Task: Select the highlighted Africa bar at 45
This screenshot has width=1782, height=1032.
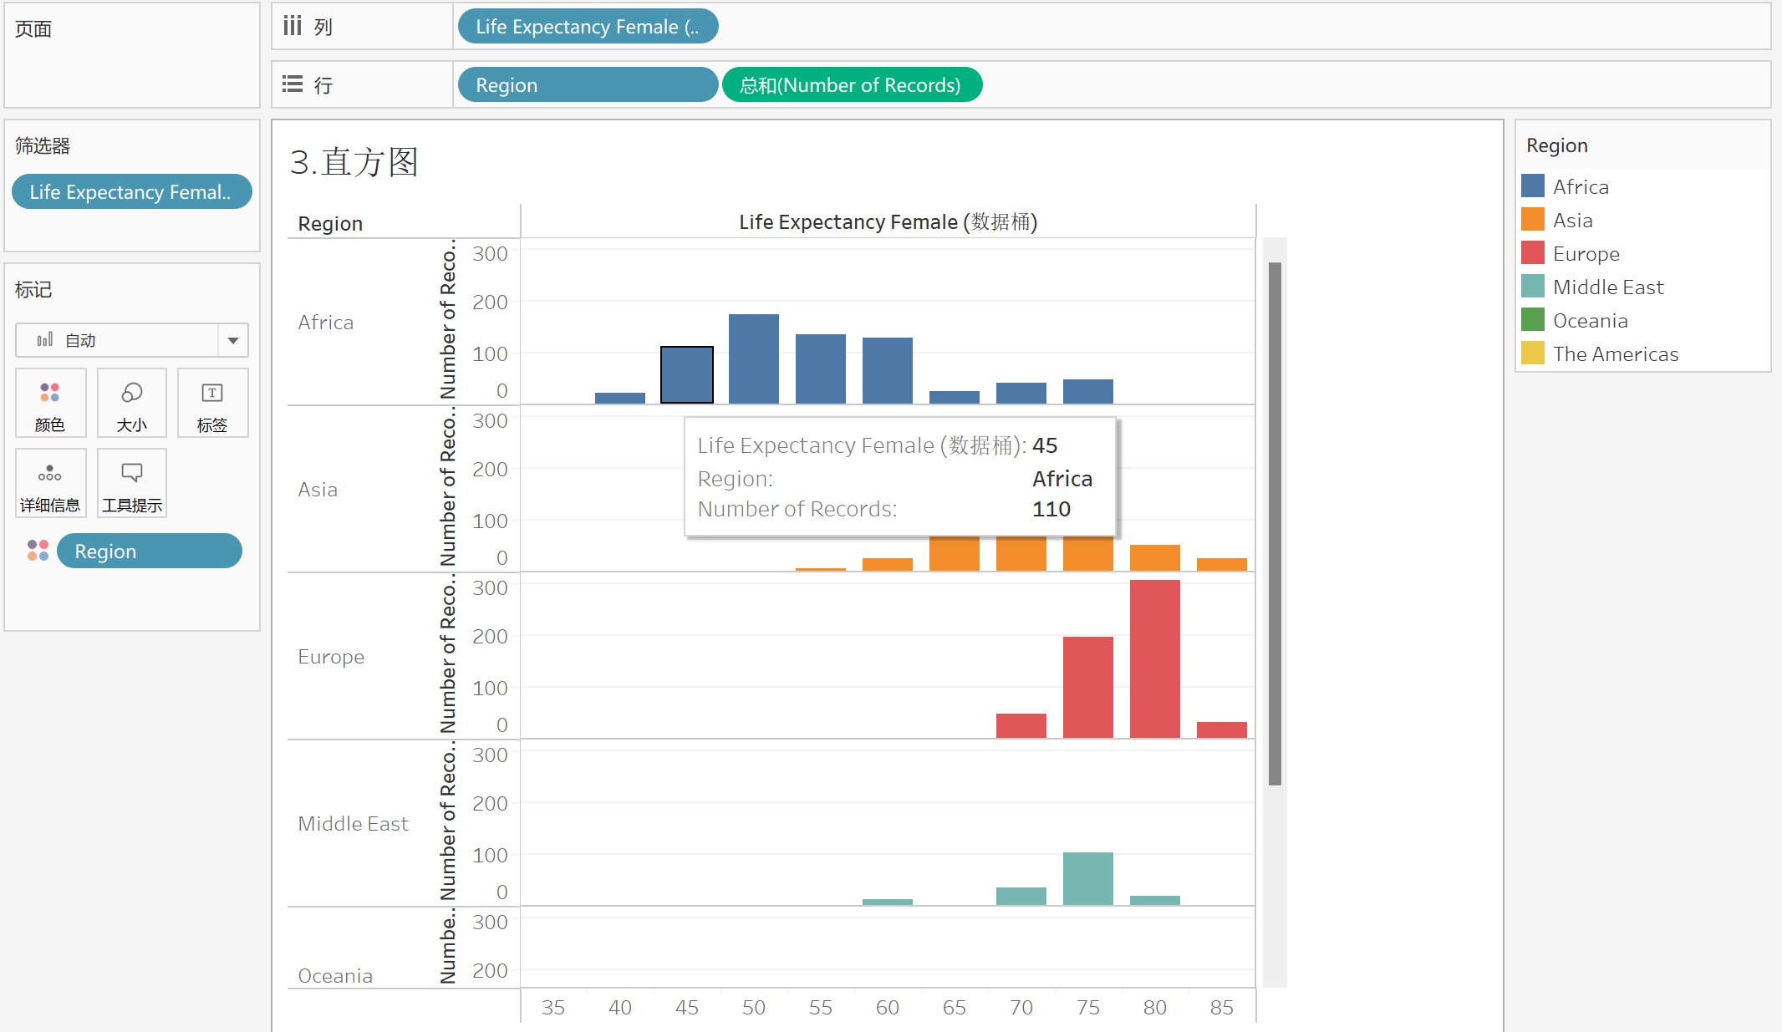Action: (686, 375)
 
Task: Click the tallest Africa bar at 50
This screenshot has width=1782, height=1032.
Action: (753, 358)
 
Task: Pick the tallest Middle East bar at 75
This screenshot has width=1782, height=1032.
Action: (1087, 878)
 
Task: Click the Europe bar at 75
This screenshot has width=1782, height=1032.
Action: (1087, 687)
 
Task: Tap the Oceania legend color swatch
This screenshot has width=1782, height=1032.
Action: (1532, 320)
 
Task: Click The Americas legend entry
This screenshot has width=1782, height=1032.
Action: (1615, 354)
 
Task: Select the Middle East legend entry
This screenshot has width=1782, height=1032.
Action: (1607, 287)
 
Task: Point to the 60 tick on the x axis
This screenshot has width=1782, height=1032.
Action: (887, 1007)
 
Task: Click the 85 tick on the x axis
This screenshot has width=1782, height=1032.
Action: (1221, 1007)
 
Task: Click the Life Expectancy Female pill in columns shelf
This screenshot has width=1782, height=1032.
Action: (587, 27)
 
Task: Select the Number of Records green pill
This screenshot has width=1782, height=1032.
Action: (851, 85)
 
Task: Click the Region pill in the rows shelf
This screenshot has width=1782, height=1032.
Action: (587, 85)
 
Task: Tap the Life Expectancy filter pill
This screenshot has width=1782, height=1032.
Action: (131, 192)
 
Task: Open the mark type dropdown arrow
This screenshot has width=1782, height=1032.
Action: (233, 341)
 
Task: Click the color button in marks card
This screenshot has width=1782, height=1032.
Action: (50, 404)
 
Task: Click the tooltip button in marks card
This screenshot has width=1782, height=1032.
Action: (132, 484)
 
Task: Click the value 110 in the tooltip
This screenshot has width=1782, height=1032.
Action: (1051, 509)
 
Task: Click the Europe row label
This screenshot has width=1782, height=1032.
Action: (331, 657)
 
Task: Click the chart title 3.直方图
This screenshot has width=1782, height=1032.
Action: (354, 162)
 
